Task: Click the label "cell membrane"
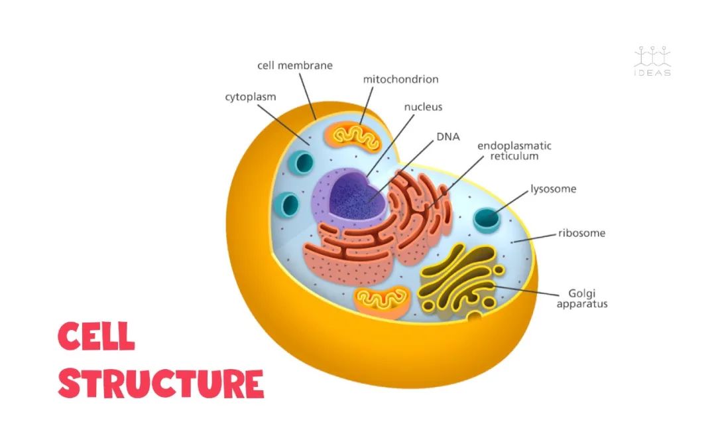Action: click(x=294, y=66)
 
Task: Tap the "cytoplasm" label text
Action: click(x=250, y=97)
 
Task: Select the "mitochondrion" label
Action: click(x=400, y=80)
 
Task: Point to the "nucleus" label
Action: click(x=423, y=106)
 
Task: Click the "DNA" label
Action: click(x=447, y=137)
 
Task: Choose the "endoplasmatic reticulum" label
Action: click(x=514, y=151)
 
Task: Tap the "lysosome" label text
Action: click(x=553, y=189)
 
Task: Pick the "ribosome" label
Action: click(x=581, y=233)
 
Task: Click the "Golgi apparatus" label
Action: click(x=582, y=298)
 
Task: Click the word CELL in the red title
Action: click(x=97, y=336)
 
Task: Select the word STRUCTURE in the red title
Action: click(x=160, y=383)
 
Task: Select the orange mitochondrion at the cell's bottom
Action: click(x=382, y=301)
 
